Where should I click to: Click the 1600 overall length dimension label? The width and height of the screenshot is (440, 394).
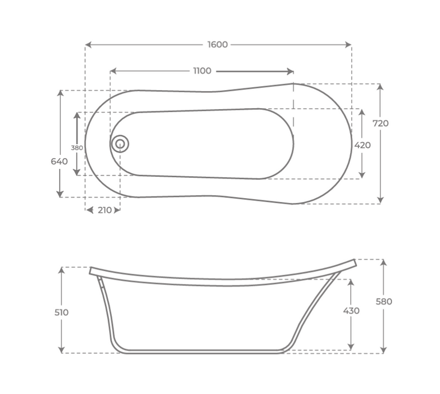click(217, 44)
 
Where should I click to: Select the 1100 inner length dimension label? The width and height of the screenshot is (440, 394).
click(202, 71)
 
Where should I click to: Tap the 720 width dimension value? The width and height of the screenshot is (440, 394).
click(380, 123)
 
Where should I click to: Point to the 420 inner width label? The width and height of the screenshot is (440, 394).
click(362, 145)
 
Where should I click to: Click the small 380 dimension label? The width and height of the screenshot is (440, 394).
click(76, 148)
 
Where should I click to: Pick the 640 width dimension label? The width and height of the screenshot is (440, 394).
click(59, 162)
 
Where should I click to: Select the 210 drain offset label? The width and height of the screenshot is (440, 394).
click(105, 210)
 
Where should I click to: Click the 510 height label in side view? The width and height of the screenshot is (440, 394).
click(61, 312)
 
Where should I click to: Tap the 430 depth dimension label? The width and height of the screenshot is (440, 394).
click(351, 311)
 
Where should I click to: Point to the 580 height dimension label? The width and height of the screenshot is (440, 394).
click(384, 302)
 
